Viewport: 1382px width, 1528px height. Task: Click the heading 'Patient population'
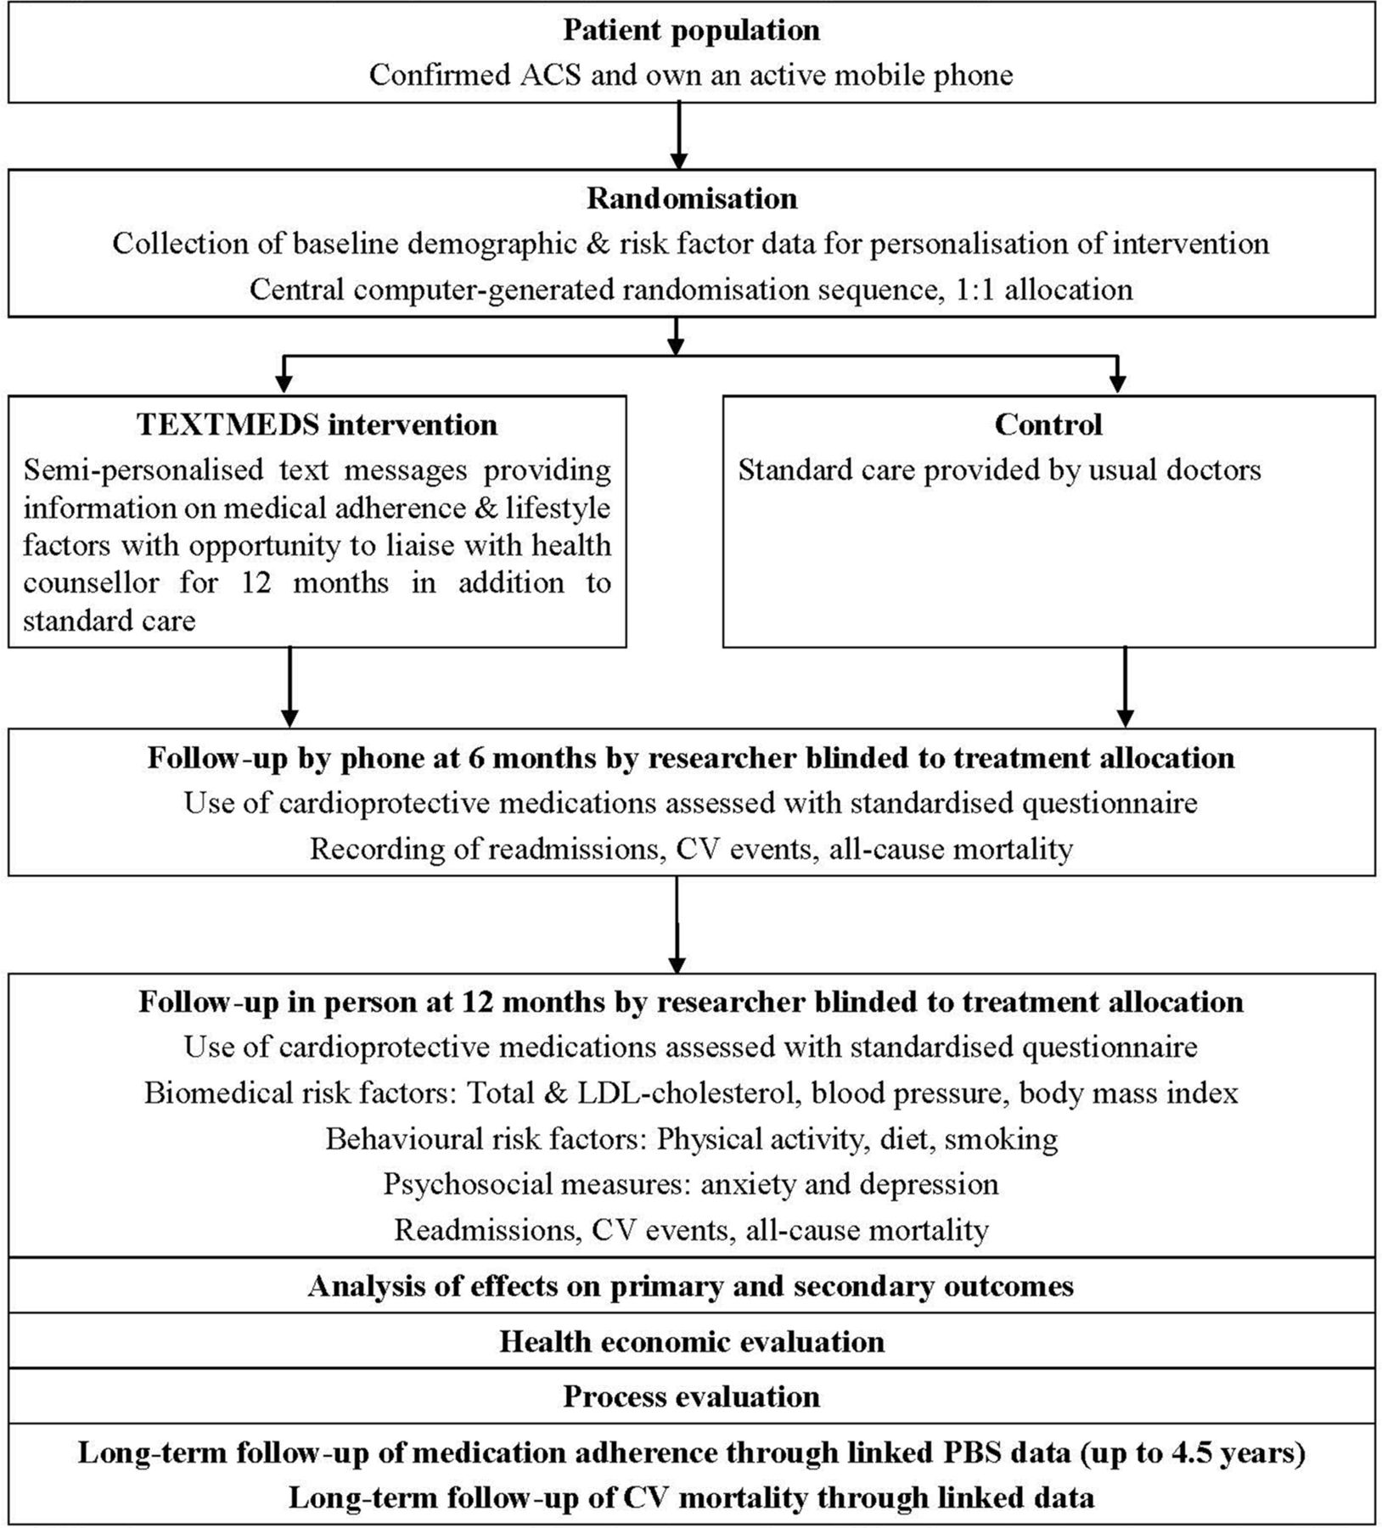(x=691, y=31)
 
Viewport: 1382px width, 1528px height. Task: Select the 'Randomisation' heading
(x=692, y=199)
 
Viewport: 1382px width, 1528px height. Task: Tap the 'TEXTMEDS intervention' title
(x=317, y=424)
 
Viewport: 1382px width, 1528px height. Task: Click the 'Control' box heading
(x=1048, y=424)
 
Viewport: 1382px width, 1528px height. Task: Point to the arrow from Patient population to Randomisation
(x=678, y=136)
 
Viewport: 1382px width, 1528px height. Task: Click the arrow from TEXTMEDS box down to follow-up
(x=290, y=688)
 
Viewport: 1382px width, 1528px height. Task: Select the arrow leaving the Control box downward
(x=1126, y=688)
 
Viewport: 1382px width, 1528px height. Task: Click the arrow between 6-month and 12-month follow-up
(x=677, y=924)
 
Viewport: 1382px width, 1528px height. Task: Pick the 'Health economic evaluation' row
(x=692, y=1342)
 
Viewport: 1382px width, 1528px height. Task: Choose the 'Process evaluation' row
(x=692, y=1396)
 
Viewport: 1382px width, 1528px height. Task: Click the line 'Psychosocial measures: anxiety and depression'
(x=691, y=1184)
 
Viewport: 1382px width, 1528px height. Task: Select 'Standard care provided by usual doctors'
(x=999, y=469)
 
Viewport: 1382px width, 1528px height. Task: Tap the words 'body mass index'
(x=1129, y=1093)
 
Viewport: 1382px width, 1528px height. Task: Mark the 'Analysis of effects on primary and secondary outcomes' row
(x=691, y=1287)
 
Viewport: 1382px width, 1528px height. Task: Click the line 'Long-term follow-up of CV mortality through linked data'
(x=692, y=1498)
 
